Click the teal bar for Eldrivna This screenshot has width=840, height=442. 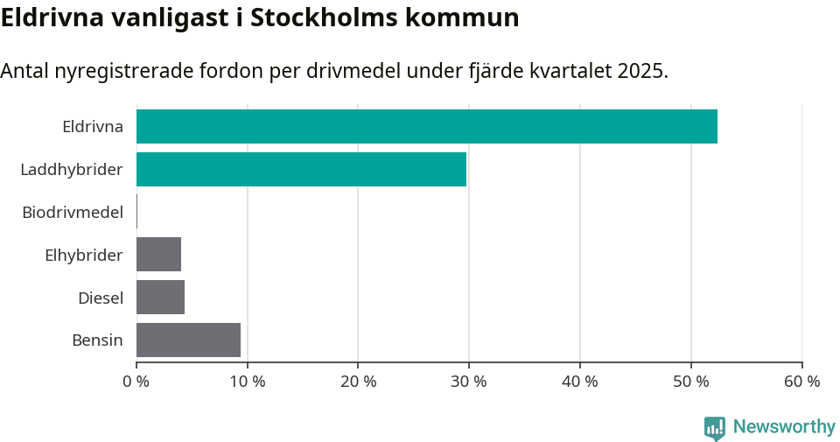point(427,126)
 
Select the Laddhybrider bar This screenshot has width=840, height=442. point(301,169)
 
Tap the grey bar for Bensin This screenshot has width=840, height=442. point(188,340)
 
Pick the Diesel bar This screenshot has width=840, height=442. point(160,297)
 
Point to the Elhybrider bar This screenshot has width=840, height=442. point(158,254)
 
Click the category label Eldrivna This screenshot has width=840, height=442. point(93,126)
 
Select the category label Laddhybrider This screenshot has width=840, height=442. point(72,169)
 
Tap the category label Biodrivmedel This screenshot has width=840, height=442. point(73,212)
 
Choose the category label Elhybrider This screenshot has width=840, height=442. point(84,255)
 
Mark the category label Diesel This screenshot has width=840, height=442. point(101,298)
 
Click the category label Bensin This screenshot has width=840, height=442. point(97,340)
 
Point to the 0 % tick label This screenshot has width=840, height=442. point(136,382)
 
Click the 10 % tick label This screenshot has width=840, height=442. point(247,382)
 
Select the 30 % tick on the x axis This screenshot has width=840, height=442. point(469,382)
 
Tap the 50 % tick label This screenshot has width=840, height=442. point(691,382)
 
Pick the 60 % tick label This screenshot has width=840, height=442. point(801,382)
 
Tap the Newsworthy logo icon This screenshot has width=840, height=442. point(715,427)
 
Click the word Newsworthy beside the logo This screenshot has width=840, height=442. point(784,427)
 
